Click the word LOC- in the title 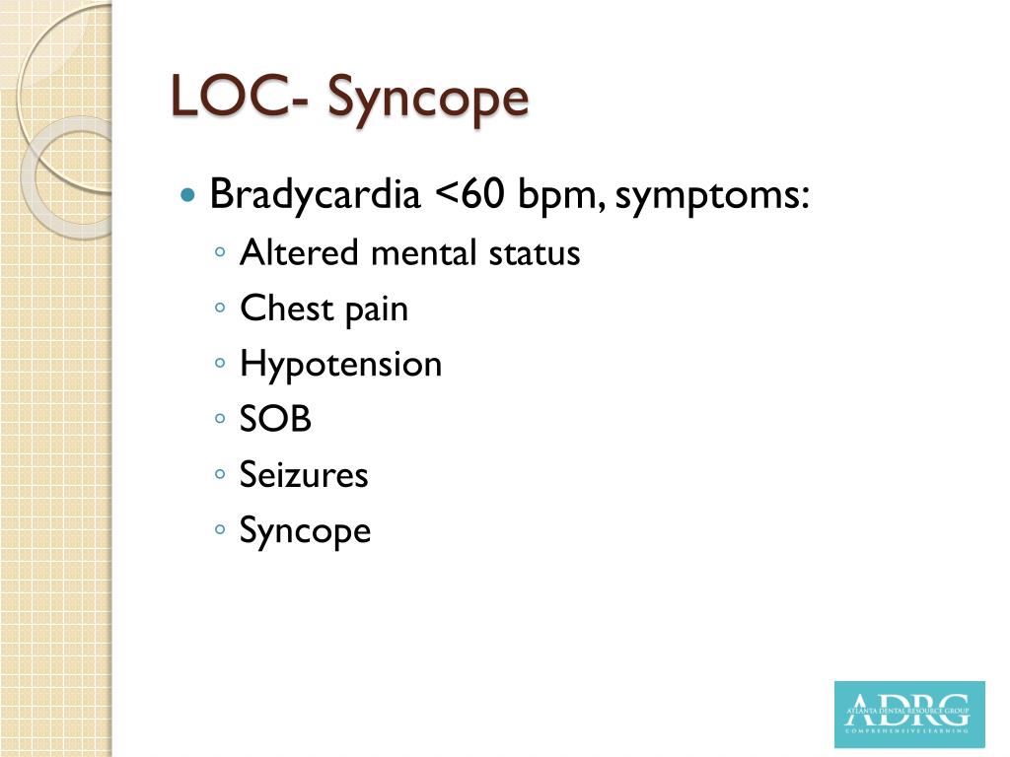click(x=241, y=98)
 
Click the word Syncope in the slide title click(x=428, y=100)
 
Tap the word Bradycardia click(x=315, y=194)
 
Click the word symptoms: click(x=712, y=196)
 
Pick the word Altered click(x=299, y=253)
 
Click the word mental click(x=424, y=253)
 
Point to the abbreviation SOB click(x=275, y=420)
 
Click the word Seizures click(x=304, y=475)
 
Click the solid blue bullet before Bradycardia click(x=189, y=195)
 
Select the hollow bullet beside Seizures click(x=220, y=476)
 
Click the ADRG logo click(x=908, y=714)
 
